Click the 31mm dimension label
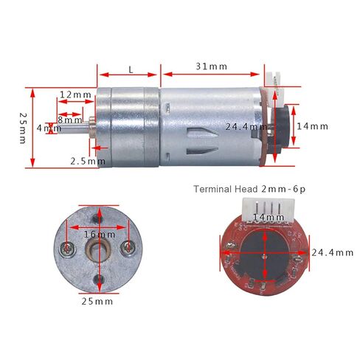[212, 66]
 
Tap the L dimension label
[131, 69]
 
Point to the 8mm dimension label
[70, 120]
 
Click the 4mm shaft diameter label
[49, 128]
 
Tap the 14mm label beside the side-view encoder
[312, 125]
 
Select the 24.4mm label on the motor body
[246, 126]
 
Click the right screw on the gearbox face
[128, 246]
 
